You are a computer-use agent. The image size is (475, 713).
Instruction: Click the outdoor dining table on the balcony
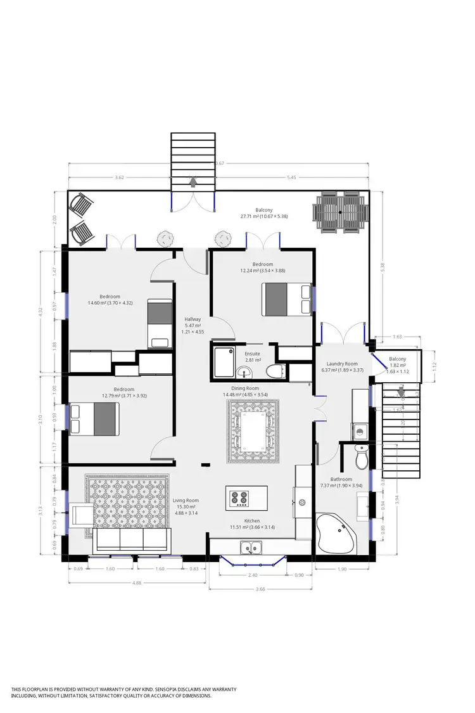click(340, 212)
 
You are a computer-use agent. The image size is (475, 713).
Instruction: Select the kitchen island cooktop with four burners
click(239, 499)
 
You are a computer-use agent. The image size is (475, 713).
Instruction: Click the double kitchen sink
click(251, 548)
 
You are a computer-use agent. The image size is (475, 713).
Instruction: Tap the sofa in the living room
click(132, 539)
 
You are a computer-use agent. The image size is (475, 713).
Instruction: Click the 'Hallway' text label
click(193, 319)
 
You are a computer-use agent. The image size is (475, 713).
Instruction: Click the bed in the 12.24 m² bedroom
click(286, 299)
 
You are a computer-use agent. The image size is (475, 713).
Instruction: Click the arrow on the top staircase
click(193, 183)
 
